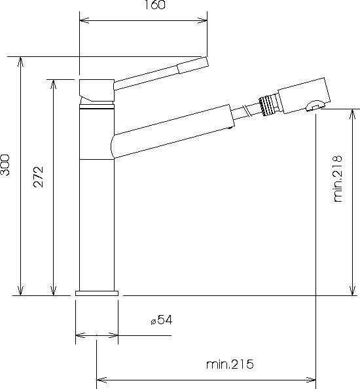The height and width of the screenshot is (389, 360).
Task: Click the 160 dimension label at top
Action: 154,5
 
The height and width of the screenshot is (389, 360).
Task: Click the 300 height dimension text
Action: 5,165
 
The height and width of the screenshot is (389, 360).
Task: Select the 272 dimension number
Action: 39,177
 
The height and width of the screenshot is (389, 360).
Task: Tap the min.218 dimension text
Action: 338,179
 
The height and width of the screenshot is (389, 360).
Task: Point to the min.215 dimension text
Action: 230,364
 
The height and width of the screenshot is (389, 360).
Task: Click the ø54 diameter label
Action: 162,320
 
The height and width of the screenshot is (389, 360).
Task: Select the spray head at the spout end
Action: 304,96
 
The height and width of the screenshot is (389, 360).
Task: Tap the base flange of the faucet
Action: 97,293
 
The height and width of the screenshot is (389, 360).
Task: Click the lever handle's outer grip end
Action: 193,65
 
